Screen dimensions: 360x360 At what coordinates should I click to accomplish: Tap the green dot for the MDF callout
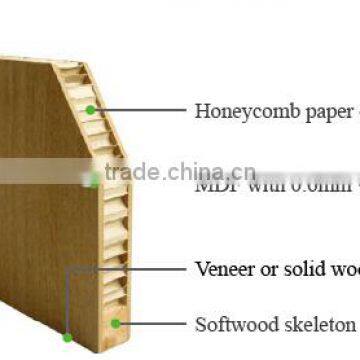[95, 181]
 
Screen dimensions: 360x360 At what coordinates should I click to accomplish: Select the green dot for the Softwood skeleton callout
[116, 323]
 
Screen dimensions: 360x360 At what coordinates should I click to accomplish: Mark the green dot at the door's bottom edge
[66, 341]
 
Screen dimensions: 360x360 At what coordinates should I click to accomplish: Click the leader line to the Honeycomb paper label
[140, 110]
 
